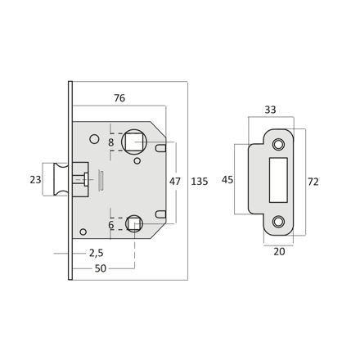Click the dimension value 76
(119, 98)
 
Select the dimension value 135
(200, 182)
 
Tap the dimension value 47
(174, 182)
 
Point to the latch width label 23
(35, 180)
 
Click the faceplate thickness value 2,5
(97, 253)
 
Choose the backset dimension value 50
(101, 268)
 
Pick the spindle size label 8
(110, 142)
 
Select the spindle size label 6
(110, 225)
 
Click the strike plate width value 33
(270, 110)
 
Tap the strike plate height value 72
(313, 182)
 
